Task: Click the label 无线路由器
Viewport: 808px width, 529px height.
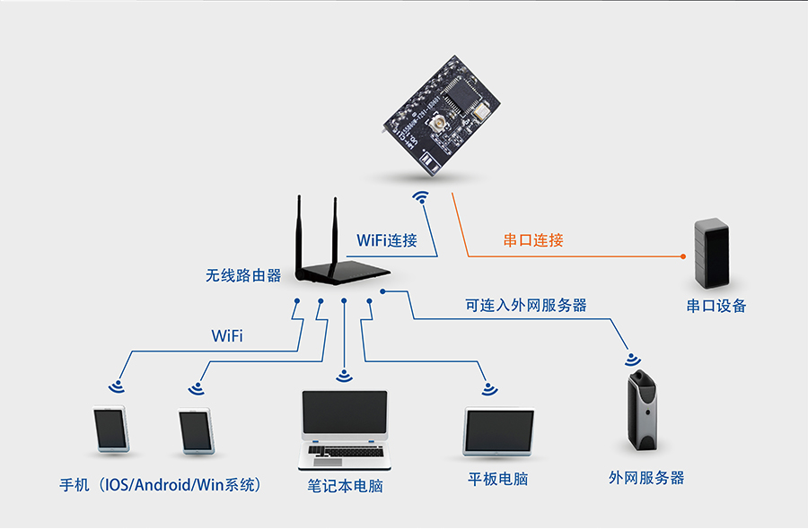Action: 243,275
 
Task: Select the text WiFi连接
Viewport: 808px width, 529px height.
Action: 387,240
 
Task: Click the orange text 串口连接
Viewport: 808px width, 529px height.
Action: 533,240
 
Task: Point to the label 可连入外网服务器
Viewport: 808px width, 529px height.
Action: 526,305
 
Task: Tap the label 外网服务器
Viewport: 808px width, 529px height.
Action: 646,478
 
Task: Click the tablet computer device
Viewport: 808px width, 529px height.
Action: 498,433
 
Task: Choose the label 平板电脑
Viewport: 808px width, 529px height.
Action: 498,479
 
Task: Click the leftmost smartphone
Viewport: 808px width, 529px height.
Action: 111,430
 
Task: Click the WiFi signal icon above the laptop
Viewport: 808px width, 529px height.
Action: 345,376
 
